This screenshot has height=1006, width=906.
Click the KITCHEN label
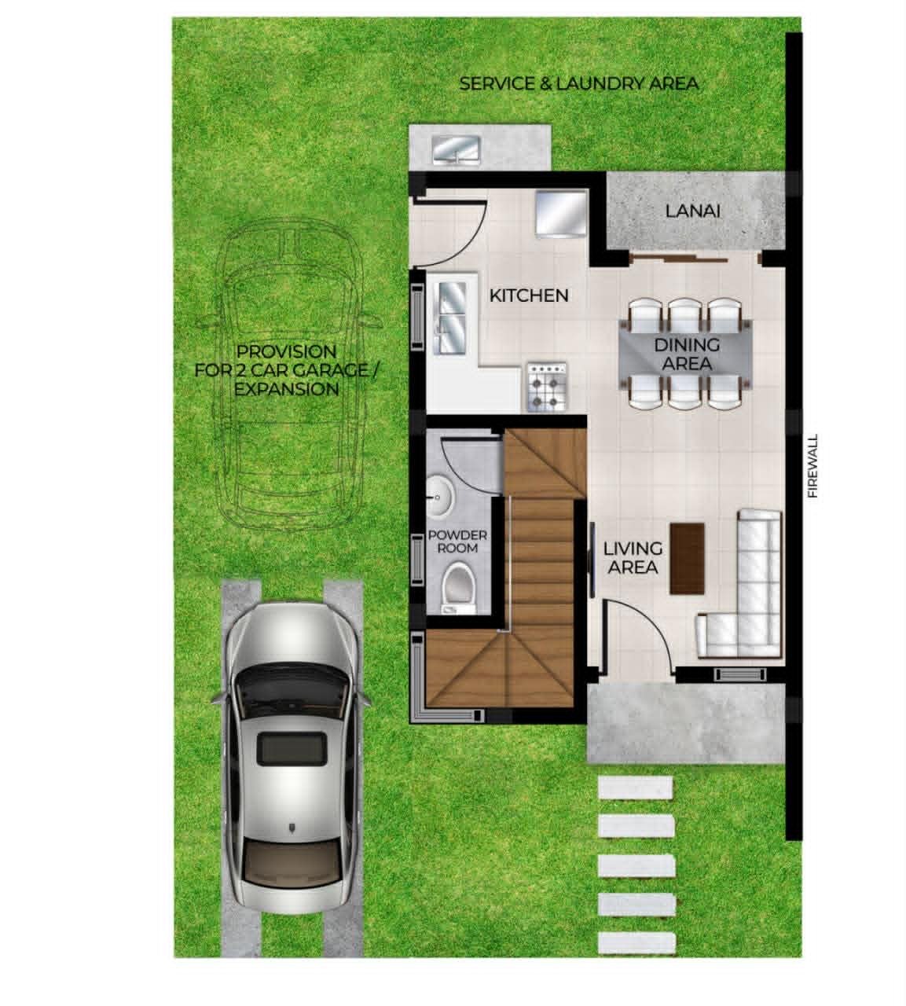tap(529, 296)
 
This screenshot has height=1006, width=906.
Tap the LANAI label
tap(692, 211)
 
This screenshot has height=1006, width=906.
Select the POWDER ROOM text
tap(457, 542)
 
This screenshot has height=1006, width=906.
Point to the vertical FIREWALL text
tap(812, 466)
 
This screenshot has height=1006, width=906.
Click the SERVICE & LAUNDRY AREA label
tap(578, 84)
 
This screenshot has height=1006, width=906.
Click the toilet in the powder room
tap(458, 587)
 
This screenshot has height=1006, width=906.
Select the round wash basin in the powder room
tap(439, 496)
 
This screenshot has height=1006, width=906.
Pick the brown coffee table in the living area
tap(687, 558)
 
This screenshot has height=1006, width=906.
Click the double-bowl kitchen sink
tap(453, 318)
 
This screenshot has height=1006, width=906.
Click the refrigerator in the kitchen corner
tap(561, 213)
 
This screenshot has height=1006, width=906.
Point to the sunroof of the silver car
tap(290, 748)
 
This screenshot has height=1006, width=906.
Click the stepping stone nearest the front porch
tap(635, 789)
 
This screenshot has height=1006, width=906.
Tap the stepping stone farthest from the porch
tap(637, 943)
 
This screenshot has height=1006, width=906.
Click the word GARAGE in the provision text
tap(325, 371)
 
